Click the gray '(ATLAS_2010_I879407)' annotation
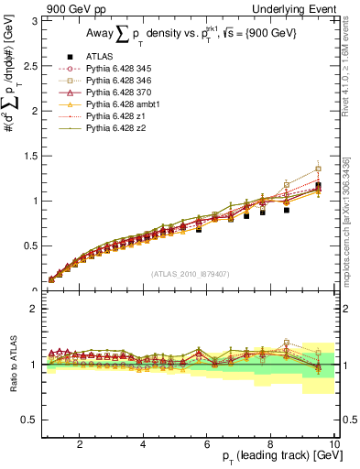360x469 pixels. coord(191,274)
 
